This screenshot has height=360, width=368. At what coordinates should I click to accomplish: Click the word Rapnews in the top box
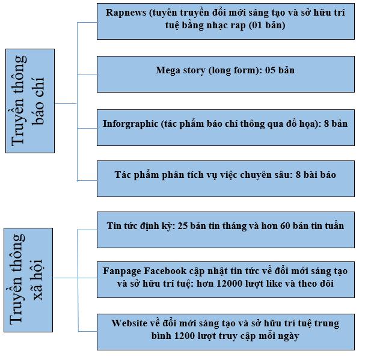tap(126, 13)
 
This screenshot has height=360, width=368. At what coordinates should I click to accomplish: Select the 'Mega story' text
tap(180, 70)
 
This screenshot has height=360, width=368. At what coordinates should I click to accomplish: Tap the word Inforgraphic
tap(130, 124)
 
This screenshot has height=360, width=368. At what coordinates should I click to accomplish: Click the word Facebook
tap(165, 271)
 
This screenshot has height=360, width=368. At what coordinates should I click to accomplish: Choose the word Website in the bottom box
tap(129, 323)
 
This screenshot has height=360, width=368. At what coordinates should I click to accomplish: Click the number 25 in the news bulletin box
tap(182, 226)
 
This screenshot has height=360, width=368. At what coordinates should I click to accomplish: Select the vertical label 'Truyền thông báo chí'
tap(28, 101)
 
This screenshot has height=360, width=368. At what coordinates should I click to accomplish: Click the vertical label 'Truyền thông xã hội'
tap(26, 280)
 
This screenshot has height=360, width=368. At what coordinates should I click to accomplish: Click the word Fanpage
tap(122, 271)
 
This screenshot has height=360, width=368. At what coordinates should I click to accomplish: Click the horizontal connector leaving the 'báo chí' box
tap(66, 103)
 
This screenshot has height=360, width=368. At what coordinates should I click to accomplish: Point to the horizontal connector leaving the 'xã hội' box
tap(65, 278)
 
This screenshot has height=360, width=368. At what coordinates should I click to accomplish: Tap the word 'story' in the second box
tap(194, 71)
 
